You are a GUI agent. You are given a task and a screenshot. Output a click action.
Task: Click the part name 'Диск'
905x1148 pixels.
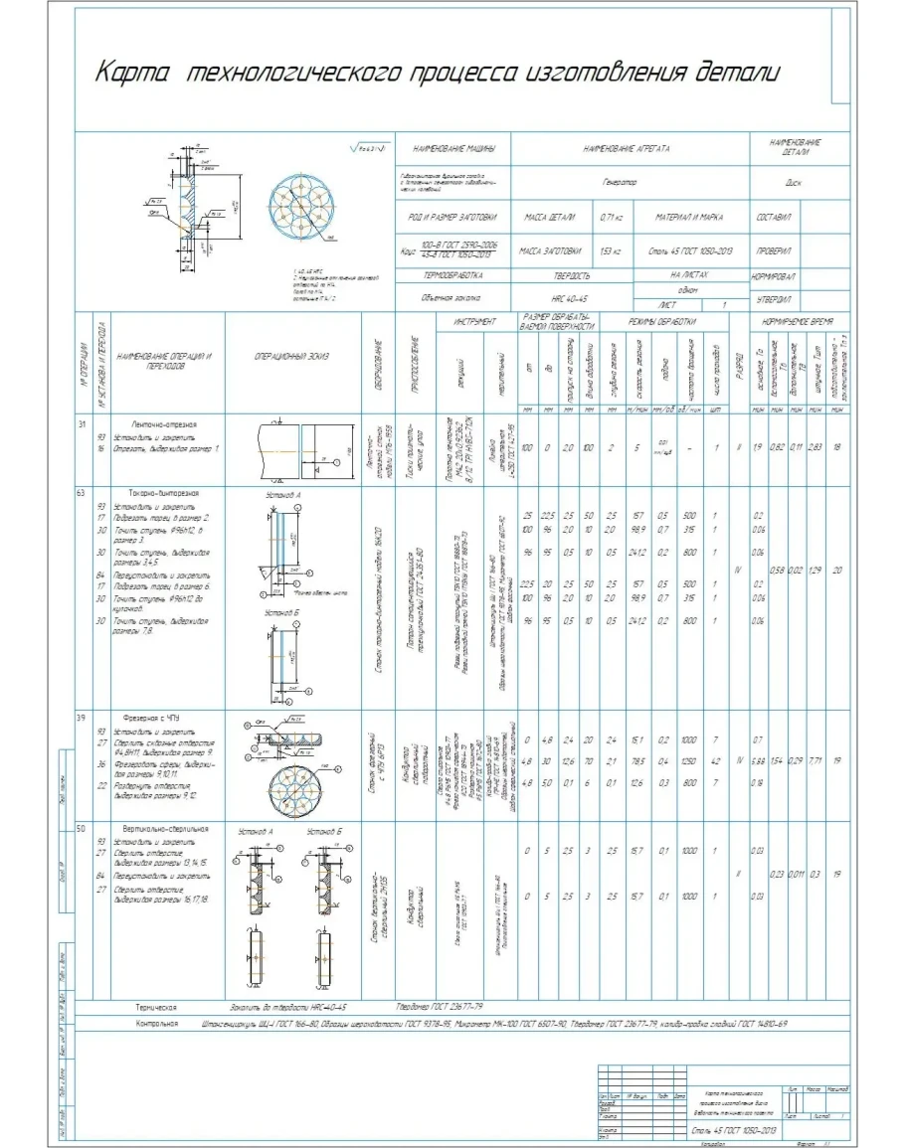[794, 183]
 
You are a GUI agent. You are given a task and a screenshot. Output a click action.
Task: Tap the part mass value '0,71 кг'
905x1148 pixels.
[611, 216]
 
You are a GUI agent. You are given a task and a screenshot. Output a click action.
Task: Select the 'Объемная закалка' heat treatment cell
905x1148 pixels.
[452, 296]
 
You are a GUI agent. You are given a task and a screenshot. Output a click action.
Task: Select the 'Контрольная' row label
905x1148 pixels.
[157, 1022]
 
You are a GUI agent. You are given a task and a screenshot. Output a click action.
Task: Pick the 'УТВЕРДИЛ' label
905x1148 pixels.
[772, 297]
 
